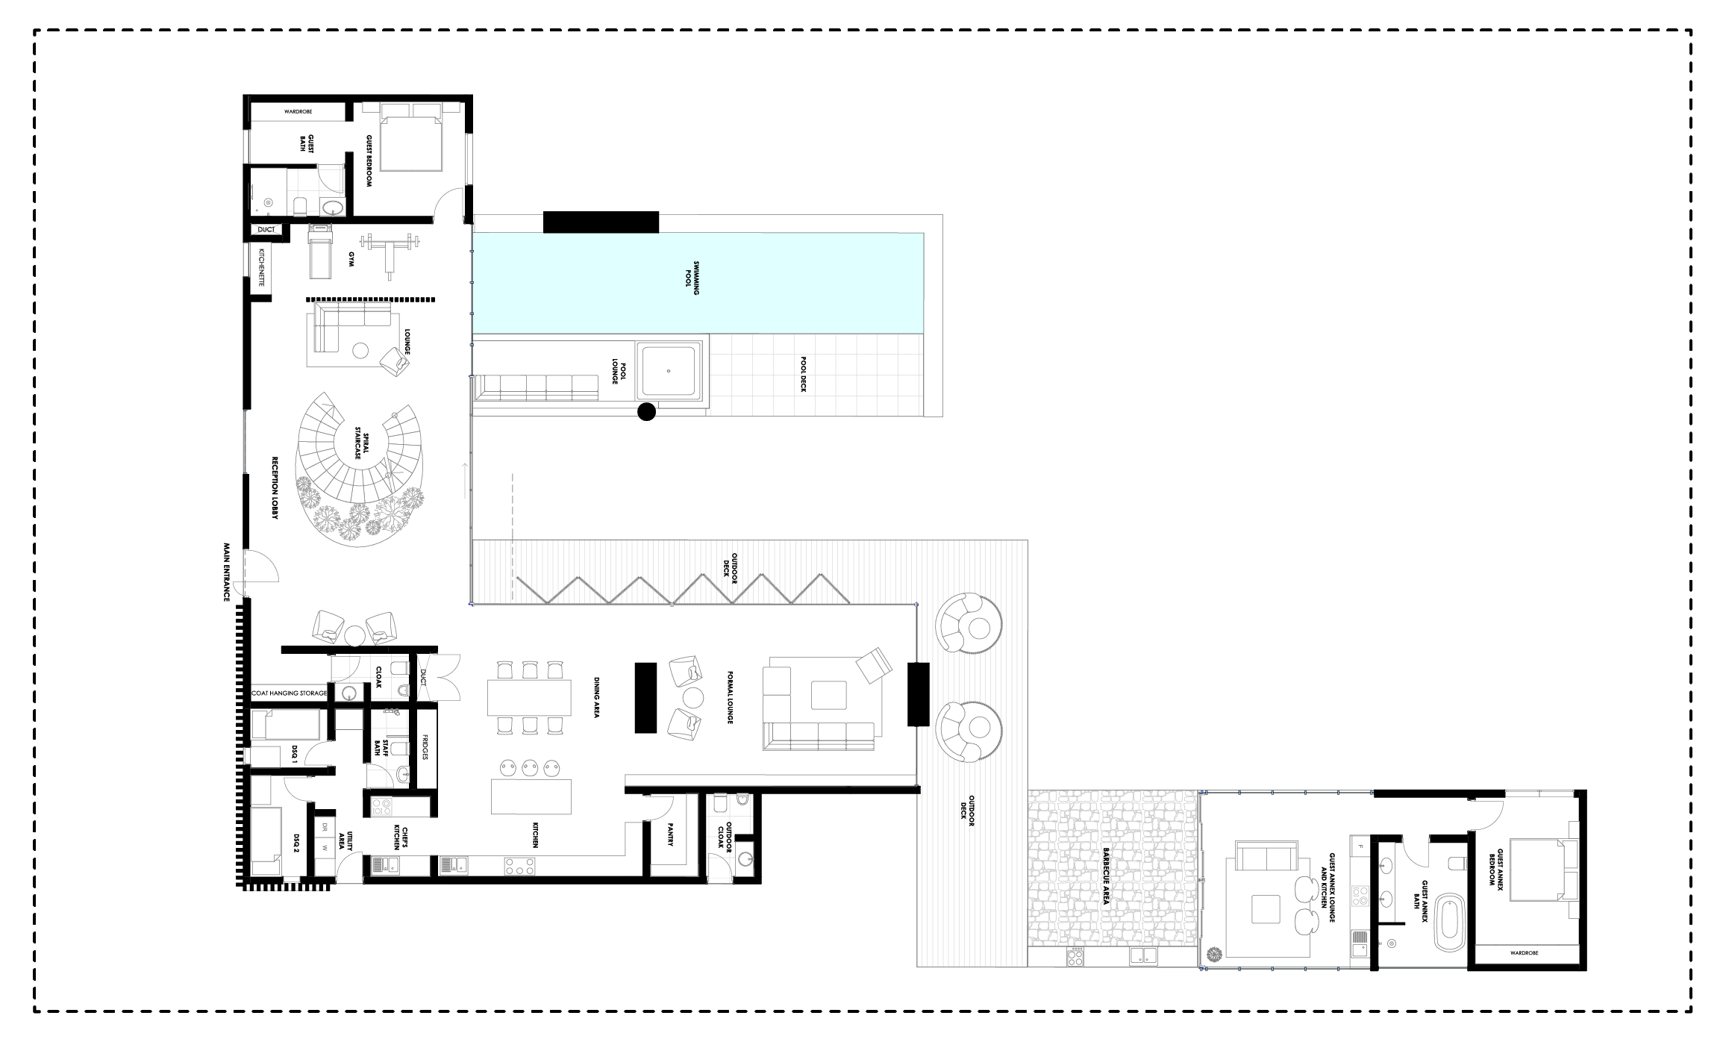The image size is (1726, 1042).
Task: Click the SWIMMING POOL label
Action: (696, 278)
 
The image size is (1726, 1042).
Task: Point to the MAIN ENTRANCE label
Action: (226, 573)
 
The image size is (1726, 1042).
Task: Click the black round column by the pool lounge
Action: (646, 411)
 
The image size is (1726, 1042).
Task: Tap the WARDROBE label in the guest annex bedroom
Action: (1525, 953)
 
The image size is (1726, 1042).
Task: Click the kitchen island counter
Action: (531, 796)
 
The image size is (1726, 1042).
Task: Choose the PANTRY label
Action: (670, 834)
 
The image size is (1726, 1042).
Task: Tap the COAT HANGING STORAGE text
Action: (290, 693)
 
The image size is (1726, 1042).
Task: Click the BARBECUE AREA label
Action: (1106, 876)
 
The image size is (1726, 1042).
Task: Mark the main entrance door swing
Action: (261, 566)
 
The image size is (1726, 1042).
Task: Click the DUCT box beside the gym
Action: (266, 230)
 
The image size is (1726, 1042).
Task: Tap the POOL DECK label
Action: (804, 374)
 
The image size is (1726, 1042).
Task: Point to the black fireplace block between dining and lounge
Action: (645, 698)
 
